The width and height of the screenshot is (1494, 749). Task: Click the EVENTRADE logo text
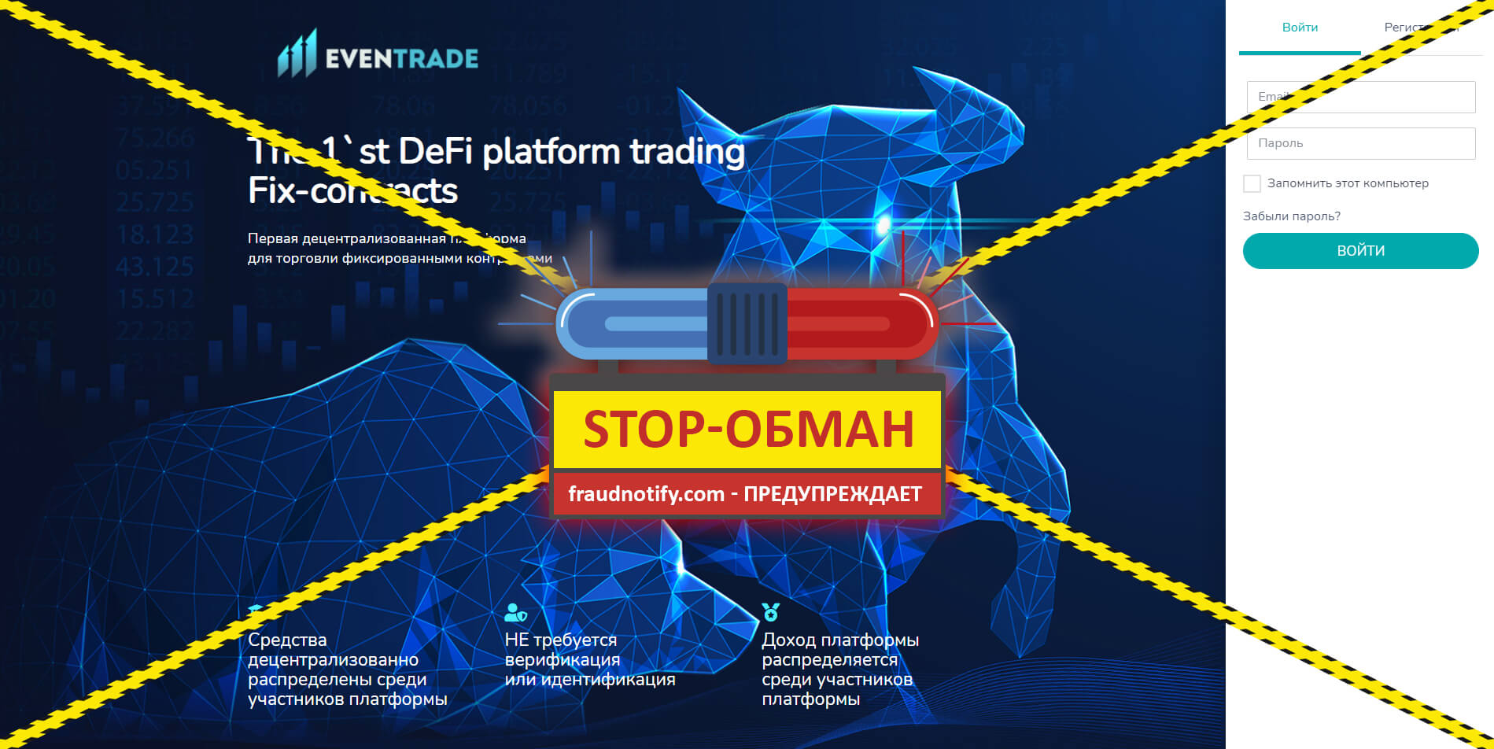coord(401,58)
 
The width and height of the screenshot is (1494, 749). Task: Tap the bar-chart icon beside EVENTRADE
coord(297,53)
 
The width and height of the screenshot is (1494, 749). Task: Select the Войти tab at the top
coord(1300,28)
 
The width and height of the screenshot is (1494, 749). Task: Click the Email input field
coord(1361,97)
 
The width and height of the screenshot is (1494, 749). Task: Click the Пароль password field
coord(1361,143)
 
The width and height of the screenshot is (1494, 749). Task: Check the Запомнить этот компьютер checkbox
coord(1252,183)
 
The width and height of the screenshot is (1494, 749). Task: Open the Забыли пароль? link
coord(1291,216)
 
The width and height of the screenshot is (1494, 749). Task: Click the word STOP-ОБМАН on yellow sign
coord(747,430)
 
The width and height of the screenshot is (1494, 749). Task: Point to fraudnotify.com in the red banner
coord(646,494)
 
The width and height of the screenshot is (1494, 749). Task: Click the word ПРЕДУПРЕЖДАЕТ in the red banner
coord(832,494)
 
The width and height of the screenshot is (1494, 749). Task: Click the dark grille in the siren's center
coord(747,323)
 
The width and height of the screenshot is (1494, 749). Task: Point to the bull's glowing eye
coord(884,223)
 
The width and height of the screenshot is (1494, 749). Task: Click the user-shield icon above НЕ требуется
coord(515,612)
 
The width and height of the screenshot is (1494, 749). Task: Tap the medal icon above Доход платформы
coord(770,612)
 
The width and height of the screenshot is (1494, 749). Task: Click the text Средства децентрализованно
coord(333,650)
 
